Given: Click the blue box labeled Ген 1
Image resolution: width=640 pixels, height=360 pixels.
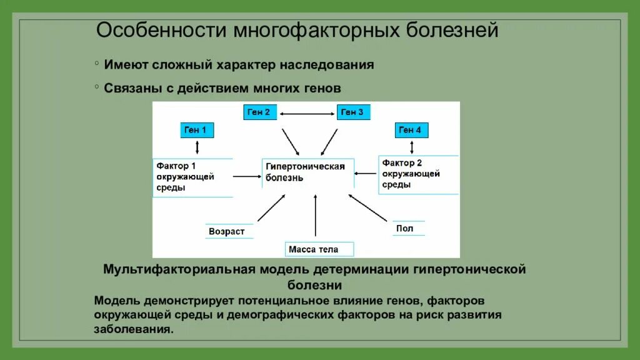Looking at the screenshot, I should [x=197, y=130].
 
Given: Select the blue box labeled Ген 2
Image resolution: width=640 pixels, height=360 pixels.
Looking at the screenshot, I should [x=259, y=112].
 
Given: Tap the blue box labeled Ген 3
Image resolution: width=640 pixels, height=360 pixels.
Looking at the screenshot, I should [x=353, y=112].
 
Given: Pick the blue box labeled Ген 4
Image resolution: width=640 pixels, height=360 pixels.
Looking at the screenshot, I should [x=412, y=130].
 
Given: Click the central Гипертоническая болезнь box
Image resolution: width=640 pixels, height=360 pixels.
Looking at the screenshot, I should [x=306, y=172].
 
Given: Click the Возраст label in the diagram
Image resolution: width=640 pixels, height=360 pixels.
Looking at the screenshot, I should [x=227, y=231].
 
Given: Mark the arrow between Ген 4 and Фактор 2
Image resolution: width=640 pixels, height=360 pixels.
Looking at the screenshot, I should [x=412, y=147].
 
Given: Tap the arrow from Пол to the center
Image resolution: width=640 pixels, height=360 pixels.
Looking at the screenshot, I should [x=368, y=207].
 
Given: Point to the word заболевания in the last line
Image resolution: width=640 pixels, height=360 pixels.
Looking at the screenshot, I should [x=132, y=329].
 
